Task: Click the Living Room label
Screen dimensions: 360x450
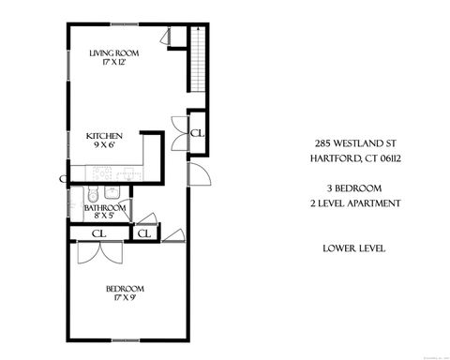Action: click(114, 53)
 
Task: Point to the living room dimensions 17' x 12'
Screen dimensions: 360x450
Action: click(114, 64)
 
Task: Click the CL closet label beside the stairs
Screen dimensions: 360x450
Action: click(197, 133)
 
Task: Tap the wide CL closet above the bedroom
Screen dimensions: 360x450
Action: click(97, 233)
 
